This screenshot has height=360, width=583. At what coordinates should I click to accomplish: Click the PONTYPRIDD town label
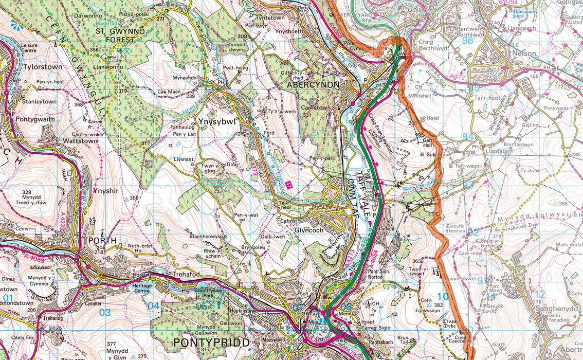211,343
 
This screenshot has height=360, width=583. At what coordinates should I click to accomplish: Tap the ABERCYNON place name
313,84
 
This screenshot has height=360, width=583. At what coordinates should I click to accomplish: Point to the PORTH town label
102,240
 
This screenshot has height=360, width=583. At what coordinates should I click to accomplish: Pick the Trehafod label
186,275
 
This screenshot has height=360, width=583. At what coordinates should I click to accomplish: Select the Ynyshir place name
106,190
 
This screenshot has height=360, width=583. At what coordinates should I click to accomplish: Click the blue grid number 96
467,40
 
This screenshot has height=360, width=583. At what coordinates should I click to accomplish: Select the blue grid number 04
153,305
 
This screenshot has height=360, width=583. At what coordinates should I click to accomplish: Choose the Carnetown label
316,109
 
